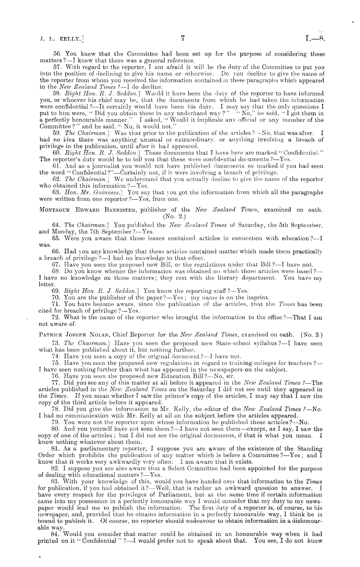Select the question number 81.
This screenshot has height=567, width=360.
pos(56,448)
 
